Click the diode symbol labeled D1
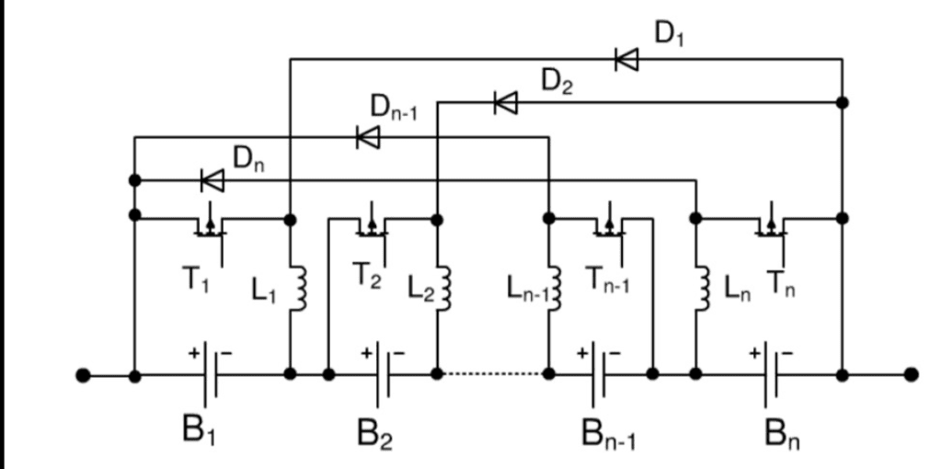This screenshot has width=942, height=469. [627, 60]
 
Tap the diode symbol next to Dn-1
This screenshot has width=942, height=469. [368, 137]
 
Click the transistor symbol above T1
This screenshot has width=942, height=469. [212, 223]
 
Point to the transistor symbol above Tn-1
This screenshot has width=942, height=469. [607, 223]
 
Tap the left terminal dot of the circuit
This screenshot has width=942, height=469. [83, 375]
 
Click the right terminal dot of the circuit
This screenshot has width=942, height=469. [911, 375]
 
